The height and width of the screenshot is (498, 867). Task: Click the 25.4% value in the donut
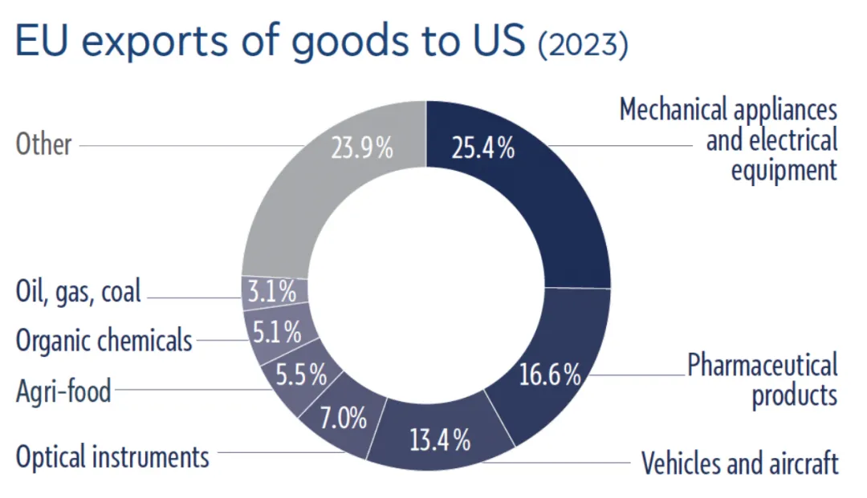pos(483,148)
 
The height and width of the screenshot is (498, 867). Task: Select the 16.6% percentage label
pos(549,375)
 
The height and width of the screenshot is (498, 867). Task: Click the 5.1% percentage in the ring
pos(277,330)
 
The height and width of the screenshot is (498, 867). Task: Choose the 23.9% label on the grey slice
pos(362,148)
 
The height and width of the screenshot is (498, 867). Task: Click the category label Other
pos(44,145)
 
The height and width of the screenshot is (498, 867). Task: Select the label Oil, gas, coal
pos(79,291)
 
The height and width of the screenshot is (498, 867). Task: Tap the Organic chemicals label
pos(104,340)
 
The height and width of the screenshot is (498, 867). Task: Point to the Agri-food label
pos(63,392)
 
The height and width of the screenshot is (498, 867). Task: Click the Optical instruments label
pos(112,457)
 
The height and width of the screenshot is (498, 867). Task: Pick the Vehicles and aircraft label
pos(739,463)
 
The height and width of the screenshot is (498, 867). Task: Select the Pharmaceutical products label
pos(763,380)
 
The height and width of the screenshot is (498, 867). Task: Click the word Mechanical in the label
pos(671,110)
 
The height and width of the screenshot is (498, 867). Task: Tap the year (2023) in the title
pos(583,46)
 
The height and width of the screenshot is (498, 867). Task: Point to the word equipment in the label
pos(784,170)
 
